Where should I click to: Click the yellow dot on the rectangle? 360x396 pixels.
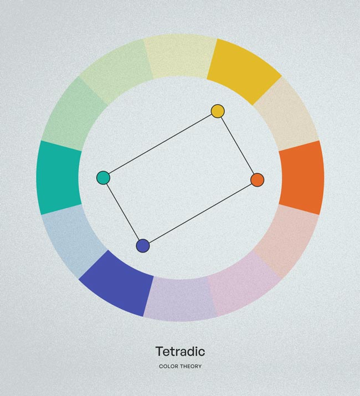pos(218,111)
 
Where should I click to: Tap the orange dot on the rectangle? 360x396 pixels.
pos(258,180)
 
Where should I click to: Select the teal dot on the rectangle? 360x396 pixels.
pos(104,178)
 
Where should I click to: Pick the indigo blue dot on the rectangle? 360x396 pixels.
pos(143,246)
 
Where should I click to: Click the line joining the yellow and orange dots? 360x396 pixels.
pos(238,146)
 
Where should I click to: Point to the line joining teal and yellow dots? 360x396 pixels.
pos(161,145)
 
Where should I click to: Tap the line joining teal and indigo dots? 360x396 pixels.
pos(123,212)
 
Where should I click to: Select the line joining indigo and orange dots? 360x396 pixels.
pos(200,213)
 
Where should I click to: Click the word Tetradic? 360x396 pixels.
pos(180,351)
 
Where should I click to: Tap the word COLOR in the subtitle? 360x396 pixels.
pos(169,366)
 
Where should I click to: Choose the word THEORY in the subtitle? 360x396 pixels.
pos(191,366)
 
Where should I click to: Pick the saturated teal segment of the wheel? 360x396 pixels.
pos(59,178)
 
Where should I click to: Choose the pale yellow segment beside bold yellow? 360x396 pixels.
pos(180,56)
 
